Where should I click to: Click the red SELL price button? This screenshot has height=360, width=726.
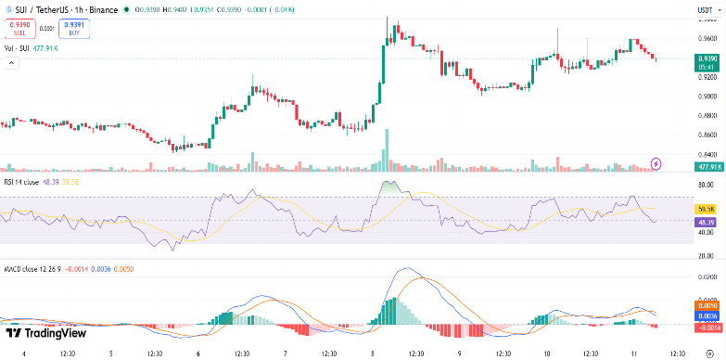point(19,29)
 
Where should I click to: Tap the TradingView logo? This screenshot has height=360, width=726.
point(45,333)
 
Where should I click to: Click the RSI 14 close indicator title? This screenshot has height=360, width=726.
point(27,184)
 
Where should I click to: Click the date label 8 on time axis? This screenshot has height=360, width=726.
point(373,353)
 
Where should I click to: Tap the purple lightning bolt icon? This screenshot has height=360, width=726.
point(657,163)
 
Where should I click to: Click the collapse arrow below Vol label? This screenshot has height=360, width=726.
point(12,62)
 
